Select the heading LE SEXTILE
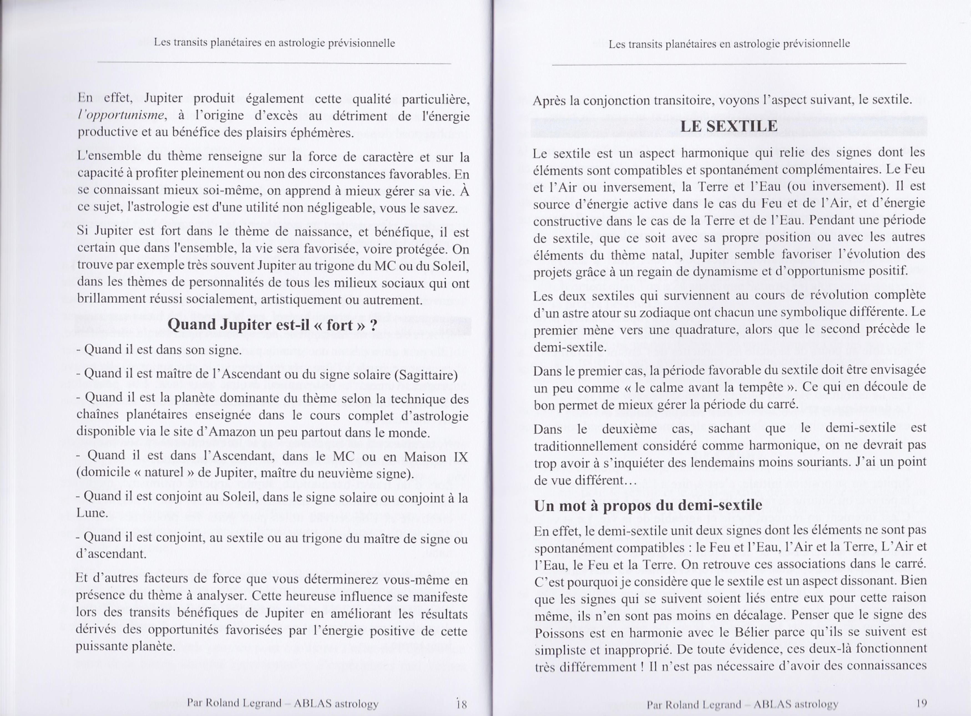pos(729,126)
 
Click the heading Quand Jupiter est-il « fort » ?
pos(272,324)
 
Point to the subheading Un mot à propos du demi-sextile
pos(648,505)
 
